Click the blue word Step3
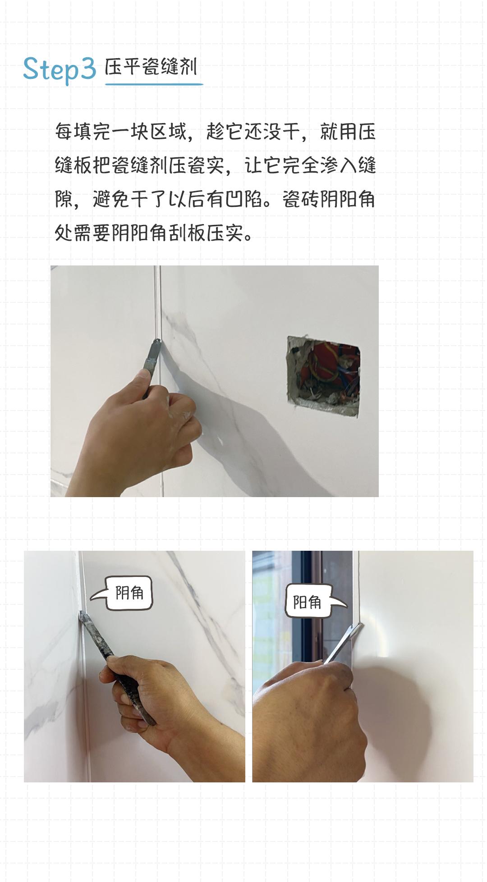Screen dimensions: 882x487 (59, 69)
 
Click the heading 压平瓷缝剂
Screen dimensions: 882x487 (151, 67)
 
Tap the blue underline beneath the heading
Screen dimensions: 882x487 (154, 84)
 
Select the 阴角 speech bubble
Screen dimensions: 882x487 (129, 593)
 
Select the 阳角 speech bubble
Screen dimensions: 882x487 (308, 602)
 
